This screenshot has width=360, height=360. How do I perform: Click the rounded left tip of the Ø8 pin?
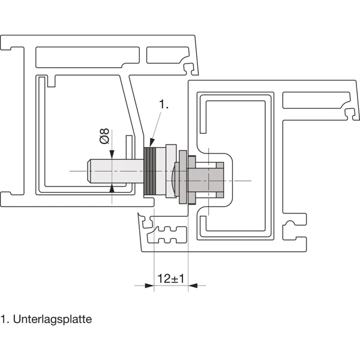91,172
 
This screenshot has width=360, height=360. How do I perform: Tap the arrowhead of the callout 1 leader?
150,145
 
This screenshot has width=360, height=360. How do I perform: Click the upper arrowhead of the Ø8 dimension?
113,154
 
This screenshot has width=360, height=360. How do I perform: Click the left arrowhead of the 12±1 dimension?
151,286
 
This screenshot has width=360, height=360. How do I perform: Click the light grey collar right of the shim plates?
169,171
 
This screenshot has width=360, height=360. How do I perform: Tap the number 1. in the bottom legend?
5,319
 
